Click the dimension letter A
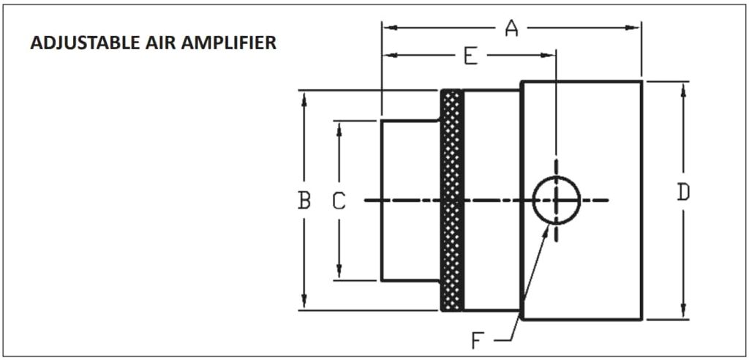[x=511, y=29]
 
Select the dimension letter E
[x=470, y=56]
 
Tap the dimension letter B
[x=304, y=200]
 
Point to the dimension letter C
[x=339, y=200]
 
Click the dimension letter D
[x=682, y=192]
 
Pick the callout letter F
[x=477, y=340]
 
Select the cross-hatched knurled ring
[x=453, y=200]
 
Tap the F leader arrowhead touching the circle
[x=548, y=228]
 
